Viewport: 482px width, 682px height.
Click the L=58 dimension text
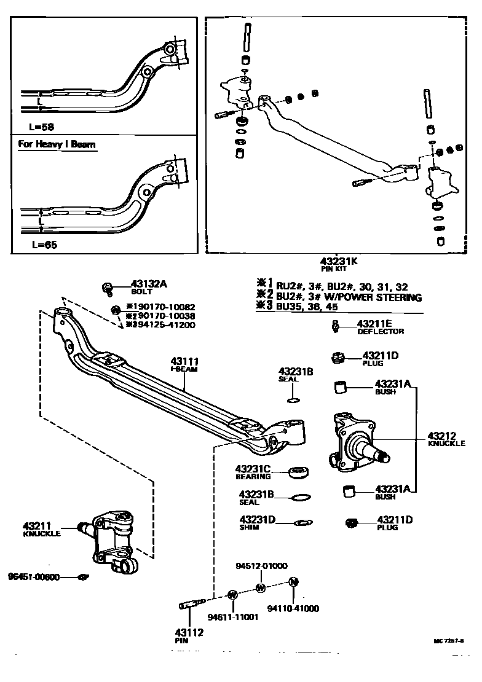pyautogui.click(x=42, y=126)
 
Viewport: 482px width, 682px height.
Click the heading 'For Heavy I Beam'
pyautogui.click(x=57, y=145)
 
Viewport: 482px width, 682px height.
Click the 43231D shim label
pyautogui.click(x=257, y=519)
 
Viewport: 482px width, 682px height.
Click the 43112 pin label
pyautogui.click(x=181, y=631)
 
